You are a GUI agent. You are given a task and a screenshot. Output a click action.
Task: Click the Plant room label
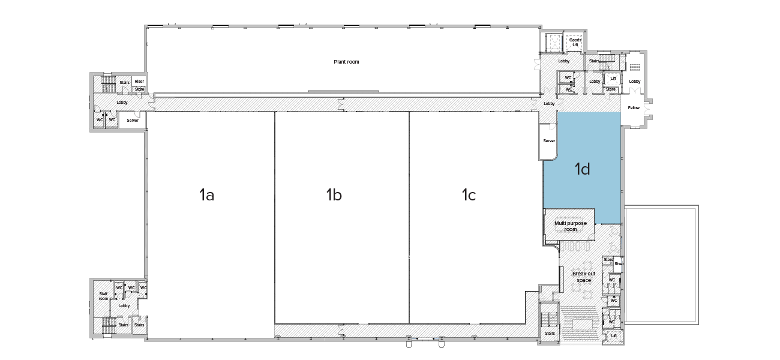(346, 62)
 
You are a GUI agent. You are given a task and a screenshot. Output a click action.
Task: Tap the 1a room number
(206, 194)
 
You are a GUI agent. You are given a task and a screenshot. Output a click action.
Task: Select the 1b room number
(334, 194)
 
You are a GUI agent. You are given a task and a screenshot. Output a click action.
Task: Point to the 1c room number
(469, 194)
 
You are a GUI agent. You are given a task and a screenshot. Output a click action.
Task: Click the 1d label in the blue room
(582, 170)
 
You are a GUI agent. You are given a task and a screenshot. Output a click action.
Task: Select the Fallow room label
(634, 108)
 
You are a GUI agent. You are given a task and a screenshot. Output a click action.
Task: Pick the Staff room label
(103, 296)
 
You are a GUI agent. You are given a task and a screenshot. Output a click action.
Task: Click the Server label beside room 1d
(549, 141)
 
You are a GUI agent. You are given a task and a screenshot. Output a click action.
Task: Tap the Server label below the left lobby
(133, 121)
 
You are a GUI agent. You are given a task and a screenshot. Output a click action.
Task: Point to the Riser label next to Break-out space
(619, 263)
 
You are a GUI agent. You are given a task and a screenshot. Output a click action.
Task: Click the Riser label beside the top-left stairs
(139, 82)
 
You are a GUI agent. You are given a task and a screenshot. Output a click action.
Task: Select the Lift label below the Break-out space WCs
(614, 336)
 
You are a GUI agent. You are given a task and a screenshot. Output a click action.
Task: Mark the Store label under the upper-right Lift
(611, 89)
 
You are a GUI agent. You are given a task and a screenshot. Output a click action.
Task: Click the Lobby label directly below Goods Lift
(564, 61)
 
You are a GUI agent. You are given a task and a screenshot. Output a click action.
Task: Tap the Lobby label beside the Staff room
(124, 306)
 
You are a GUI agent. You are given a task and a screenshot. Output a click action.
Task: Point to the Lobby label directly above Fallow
(635, 82)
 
